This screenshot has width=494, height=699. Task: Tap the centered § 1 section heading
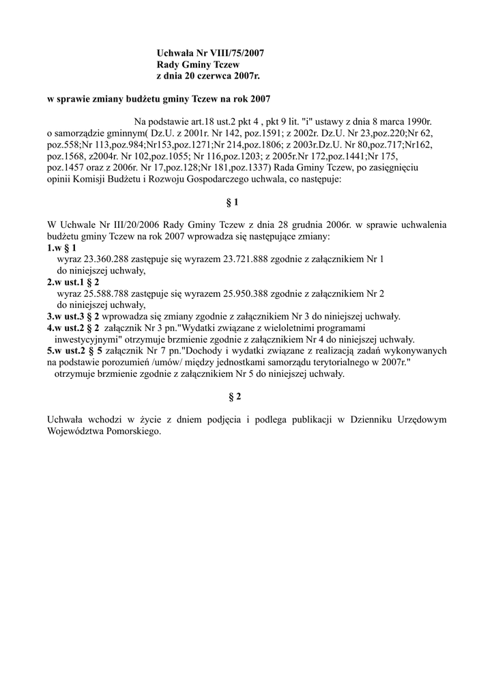(x=232, y=203)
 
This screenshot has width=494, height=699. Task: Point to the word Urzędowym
(x=420, y=420)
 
